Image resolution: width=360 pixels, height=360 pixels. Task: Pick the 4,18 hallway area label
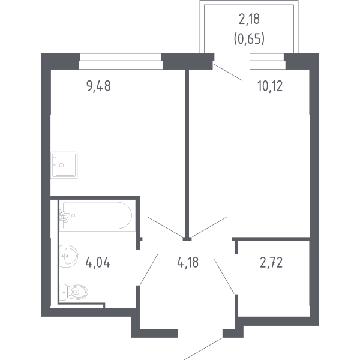point(188,262)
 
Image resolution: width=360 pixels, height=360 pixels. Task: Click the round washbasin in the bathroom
point(70,257)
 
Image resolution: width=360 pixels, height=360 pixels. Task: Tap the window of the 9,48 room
point(120,58)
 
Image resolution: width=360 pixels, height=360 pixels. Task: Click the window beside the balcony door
point(266,58)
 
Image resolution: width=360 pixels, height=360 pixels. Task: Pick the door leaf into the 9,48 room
point(166,228)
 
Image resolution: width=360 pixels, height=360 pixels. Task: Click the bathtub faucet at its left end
point(65,215)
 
